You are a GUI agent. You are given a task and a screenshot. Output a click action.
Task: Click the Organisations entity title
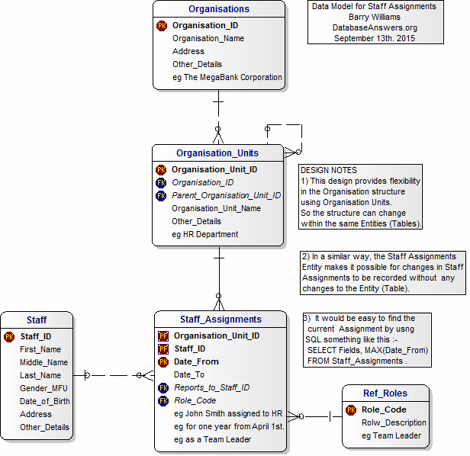219,9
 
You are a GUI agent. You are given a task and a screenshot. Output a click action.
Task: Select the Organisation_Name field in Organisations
208,38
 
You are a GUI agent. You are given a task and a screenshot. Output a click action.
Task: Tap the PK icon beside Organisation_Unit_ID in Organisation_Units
161,169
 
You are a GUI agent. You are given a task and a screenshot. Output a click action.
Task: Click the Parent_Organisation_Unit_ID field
226,195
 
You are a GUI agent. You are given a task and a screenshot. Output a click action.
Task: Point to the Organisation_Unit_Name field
216,208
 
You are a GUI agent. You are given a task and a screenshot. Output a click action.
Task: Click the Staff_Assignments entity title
221,320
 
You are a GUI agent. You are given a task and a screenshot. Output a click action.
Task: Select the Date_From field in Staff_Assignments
196,361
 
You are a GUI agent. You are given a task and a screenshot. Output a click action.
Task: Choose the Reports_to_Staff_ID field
211,387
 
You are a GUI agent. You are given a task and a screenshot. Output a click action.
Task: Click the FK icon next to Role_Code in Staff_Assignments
163,400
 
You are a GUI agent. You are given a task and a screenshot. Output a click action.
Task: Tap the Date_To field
188,374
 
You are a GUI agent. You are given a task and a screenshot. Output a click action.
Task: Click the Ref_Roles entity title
385,393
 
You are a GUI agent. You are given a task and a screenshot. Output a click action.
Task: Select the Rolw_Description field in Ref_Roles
394,422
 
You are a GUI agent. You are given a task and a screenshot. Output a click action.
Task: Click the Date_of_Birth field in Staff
44,401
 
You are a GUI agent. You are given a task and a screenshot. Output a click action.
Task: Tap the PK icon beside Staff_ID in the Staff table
9,336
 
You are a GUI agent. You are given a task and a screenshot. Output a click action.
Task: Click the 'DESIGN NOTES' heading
329,170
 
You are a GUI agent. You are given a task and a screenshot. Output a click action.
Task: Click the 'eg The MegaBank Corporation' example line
227,77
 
